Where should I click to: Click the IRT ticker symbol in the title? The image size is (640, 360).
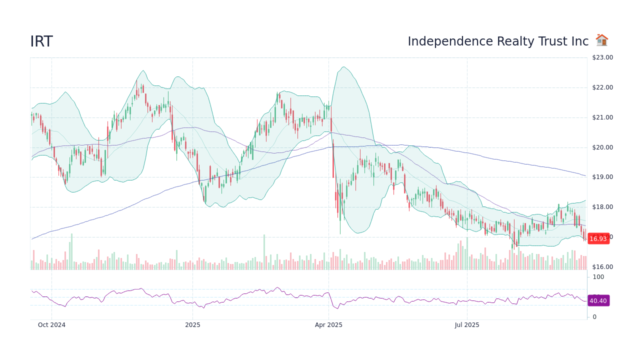click(41, 42)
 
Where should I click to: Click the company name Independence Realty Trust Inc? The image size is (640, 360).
click(497, 41)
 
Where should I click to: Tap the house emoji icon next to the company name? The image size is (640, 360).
click(601, 40)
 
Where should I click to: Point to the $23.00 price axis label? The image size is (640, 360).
click(602, 57)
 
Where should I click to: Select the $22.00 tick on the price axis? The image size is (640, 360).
click(602, 87)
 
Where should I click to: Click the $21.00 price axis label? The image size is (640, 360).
click(602, 117)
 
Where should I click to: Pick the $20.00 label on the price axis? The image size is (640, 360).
click(602, 147)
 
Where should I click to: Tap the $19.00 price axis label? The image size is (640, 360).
click(602, 177)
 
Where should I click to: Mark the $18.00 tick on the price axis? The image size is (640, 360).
click(602, 207)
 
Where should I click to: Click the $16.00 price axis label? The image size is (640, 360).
click(602, 267)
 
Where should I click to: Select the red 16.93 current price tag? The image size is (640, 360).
click(598, 239)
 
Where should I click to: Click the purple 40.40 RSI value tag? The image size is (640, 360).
click(598, 301)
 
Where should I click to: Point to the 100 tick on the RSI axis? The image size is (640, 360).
click(598, 277)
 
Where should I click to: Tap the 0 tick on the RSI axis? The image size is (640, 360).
click(594, 317)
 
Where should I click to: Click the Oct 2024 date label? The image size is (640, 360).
click(51, 325)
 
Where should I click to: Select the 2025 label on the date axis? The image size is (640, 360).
click(192, 325)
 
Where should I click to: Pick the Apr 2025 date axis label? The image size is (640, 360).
click(328, 325)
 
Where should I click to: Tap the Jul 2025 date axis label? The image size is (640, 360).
click(467, 325)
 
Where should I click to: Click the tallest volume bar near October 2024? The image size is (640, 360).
click(71, 251)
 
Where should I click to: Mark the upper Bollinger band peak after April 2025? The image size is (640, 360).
click(343, 67)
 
